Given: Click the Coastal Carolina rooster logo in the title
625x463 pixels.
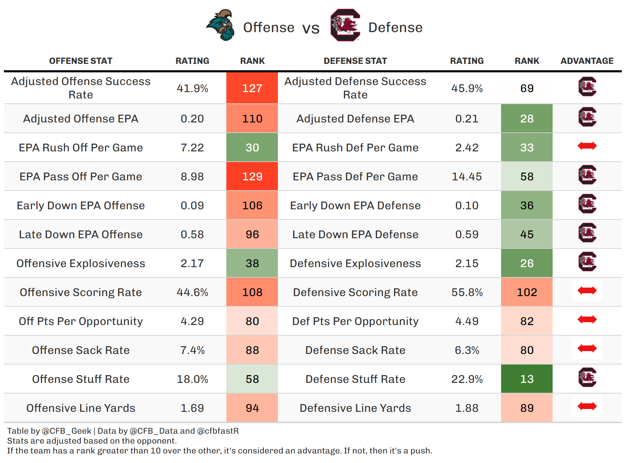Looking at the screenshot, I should click(221, 25).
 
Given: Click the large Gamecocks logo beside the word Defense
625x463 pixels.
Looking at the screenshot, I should click(345, 25).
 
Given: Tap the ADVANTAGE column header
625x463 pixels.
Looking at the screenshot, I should click(587, 61).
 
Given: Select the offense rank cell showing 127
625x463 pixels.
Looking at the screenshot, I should click(252, 88).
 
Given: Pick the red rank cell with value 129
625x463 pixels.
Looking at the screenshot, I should click(252, 176).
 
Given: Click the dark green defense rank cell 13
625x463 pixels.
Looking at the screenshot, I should click(526, 379).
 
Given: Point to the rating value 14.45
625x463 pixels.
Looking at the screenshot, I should click(467, 176).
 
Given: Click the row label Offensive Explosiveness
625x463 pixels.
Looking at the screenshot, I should click(81, 263).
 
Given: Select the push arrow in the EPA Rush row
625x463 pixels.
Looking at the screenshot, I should click(587, 146).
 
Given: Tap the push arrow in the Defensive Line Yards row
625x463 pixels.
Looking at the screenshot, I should click(587, 407).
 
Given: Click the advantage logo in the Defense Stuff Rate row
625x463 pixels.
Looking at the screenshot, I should click(587, 378).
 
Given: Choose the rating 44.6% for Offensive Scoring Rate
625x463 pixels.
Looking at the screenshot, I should click(192, 292).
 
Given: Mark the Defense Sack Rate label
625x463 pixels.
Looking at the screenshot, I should click(355, 350).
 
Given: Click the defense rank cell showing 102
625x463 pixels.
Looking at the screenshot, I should click(526, 292).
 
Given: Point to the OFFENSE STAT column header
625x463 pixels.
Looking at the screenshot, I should click(81, 61).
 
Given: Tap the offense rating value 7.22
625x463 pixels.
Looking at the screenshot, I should click(192, 148).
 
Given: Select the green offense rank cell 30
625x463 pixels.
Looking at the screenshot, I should click(252, 148).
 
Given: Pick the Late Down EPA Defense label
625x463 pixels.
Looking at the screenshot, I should click(355, 234).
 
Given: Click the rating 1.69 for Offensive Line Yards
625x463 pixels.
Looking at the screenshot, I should click(192, 408).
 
